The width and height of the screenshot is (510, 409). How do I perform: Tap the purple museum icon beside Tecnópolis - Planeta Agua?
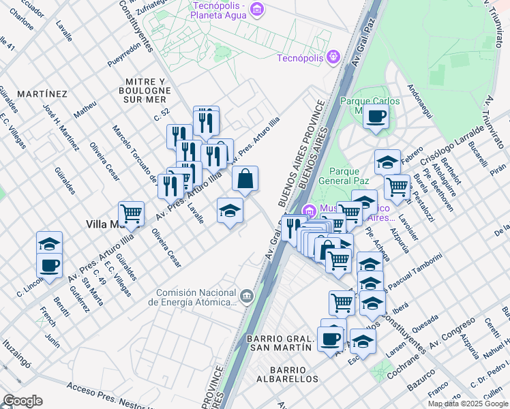click(x=256, y=9)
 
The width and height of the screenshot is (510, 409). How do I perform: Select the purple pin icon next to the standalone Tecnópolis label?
click(x=332, y=57)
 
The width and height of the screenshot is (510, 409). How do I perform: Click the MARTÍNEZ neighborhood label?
click(x=42, y=93)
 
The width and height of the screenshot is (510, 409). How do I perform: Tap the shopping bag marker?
click(x=245, y=179)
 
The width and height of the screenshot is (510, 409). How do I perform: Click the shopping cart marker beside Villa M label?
click(x=131, y=213)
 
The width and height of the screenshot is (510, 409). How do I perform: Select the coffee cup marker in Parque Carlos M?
click(x=375, y=117)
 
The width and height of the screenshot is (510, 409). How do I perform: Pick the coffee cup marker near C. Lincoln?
click(x=49, y=265)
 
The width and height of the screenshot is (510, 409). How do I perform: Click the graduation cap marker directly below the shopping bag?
click(x=230, y=211)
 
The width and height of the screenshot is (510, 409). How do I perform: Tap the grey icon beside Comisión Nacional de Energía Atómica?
click(x=246, y=296)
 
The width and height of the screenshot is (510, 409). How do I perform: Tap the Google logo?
click(x=22, y=401)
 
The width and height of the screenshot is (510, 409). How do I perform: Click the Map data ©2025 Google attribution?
click(x=468, y=404)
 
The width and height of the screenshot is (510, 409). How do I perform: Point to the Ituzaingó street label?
click(x=16, y=346)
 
